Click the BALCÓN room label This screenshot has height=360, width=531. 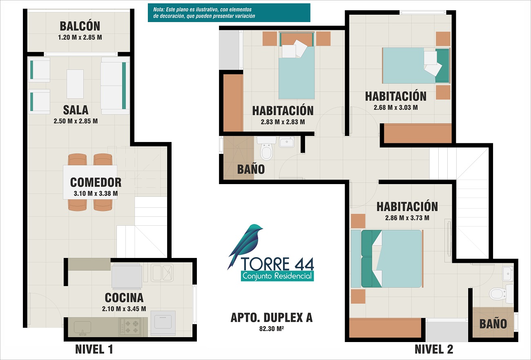(x=80, y=26)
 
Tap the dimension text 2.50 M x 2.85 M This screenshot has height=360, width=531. (x=76, y=121)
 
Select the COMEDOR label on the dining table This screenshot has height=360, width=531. (x=96, y=182)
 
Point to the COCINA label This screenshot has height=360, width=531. (x=124, y=298)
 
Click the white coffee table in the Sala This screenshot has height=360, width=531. (x=75, y=84)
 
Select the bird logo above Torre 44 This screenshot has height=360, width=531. (x=245, y=246)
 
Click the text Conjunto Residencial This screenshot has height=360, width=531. (x=277, y=276)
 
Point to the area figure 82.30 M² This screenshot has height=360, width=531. (x=272, y=329)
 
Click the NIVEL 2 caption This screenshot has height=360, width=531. (x=434, y=349)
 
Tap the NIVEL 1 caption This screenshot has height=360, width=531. (x=94, y=349)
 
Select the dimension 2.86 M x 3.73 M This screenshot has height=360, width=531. (x=407, y=218)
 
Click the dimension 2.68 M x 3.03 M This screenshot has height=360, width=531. (x=396, y=107)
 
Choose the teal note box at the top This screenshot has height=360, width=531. (x=229, y=13)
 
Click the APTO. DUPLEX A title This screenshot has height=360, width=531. (x=272, y=318)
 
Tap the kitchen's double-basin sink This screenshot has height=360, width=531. (x=162, y=273)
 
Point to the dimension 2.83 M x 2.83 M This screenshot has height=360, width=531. (x=283, y=122)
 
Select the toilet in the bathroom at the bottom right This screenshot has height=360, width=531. (x=501, y=294)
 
